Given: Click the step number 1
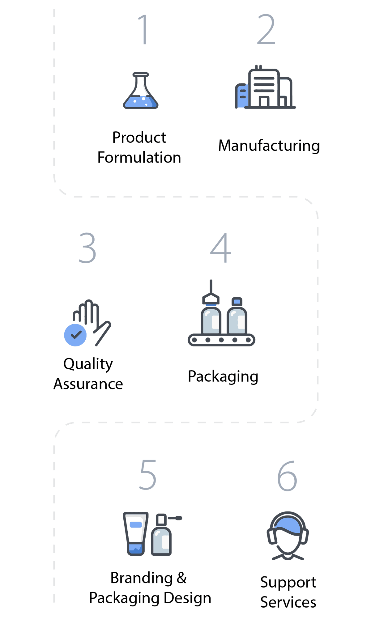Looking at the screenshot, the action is [x=143, y=29].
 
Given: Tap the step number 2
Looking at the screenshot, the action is [x=266, y=29].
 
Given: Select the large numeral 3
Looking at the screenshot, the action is [x=87, y=248].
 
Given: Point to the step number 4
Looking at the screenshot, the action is [x=220, y=248].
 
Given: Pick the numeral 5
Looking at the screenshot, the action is [x=148, y=475].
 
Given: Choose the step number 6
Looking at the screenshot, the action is [x=287, y=476].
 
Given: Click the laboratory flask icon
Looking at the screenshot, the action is [x=141, y=91].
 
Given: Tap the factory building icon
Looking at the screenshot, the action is [x=265, y=87].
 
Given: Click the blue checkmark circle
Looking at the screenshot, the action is [x=75, y=335].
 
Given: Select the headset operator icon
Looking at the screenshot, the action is [x=288, y=536].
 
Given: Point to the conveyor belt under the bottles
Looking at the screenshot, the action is [x=221, y=340].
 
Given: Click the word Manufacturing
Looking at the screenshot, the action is [x=269, y=146].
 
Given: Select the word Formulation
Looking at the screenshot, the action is [x=139, y=157].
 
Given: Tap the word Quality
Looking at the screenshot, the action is [x=88, y=364].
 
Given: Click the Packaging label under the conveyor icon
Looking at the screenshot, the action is [x=223, y=377].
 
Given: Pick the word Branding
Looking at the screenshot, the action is [x=142, y=578].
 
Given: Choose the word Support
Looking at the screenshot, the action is [x=288, y=583].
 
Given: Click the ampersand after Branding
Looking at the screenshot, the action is [x=182, y=578].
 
